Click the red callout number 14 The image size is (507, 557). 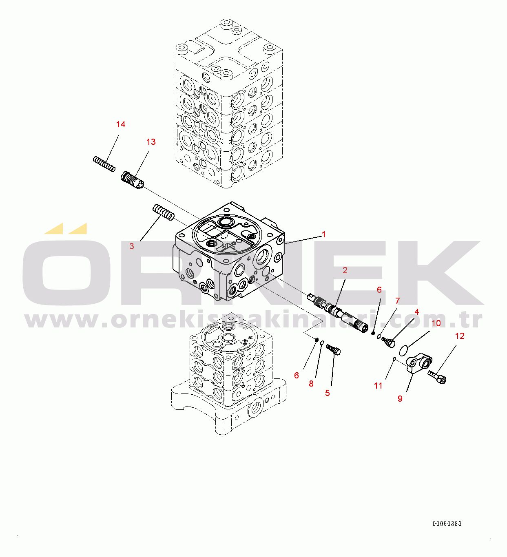[x=121, y=124]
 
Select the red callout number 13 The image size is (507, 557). [x=151, y=142]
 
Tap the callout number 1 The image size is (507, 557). [x=323, y=234]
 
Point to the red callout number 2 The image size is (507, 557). [x=345, y=270]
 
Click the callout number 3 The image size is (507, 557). [x=132, y=246]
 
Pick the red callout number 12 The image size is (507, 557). [x=460, y=336]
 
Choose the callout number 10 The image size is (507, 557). [x=436, y=323]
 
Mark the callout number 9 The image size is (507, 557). [x=400, y=399]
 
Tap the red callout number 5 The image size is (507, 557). [x=327, y=393]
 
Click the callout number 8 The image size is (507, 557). [x=311, y=384]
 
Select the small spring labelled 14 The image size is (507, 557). [x=104, y=164]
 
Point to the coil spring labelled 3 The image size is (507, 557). [x=163, y=212]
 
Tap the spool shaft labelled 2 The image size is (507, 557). [x=338, y=312]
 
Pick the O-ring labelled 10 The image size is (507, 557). [x=403, y=351]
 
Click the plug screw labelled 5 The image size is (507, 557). [x=333, y=349]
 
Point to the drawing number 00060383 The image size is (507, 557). [x=447, y=524]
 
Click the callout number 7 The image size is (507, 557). [x=397, y=301]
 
